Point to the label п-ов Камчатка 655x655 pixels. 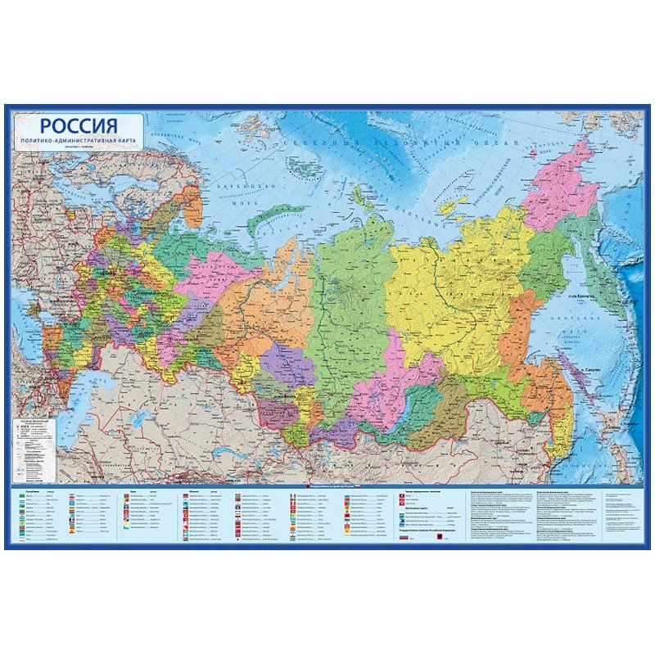click(583, 296)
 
